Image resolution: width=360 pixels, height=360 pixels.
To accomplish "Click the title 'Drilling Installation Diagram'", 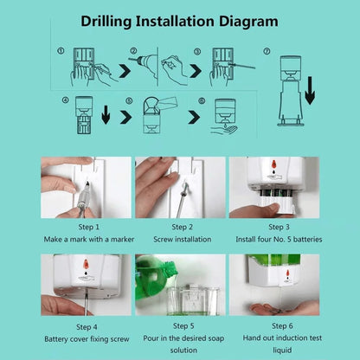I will tap(179, 20).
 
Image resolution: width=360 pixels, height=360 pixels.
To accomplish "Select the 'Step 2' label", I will tap(181, 227).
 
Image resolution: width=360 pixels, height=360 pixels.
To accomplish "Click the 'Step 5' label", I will tap(181, 326).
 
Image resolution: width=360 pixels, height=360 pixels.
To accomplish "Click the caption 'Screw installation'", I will tap(181, 239).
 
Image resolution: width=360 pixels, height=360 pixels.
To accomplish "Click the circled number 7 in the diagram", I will tap(267, 51).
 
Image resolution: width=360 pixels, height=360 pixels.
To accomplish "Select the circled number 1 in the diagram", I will tap(61, 51).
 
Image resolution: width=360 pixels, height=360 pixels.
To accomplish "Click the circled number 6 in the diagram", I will tap(202, 100).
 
